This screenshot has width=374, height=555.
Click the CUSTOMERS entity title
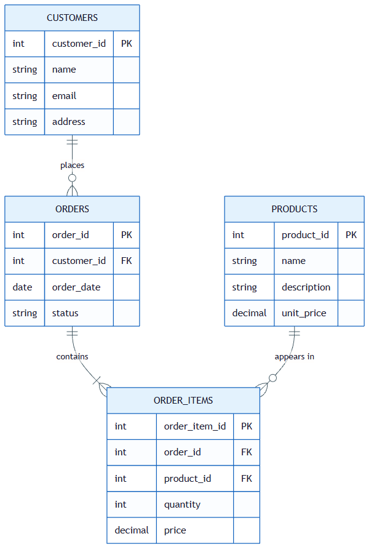coord(72,18)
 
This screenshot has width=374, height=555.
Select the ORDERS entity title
coord(72,209)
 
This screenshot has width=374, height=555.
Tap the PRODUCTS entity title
coord(294,209)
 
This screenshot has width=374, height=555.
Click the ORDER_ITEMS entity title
coord(183,401)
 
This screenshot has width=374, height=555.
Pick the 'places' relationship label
coord(72,166)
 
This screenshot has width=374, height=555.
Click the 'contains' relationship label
coord(72,357)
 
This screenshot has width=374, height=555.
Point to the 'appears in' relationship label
coord(294,357)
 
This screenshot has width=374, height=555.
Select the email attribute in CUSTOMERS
coord(65,96)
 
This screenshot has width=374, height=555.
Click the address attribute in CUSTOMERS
coord(69,122)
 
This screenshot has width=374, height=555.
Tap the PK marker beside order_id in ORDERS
coord(127,235)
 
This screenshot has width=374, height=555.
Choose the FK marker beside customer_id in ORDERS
coord(127,261)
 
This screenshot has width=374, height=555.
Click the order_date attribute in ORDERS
coord(76,287)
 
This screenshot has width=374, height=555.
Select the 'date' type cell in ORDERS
coord(22,287)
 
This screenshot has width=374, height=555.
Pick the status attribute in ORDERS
coord(65,313)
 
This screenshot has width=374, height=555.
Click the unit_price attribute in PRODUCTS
coord(304,313)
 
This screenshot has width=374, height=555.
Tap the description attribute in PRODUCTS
coord(306,287)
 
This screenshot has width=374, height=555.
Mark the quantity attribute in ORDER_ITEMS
coord(182,505)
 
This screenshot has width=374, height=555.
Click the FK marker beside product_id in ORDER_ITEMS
coord(247,479)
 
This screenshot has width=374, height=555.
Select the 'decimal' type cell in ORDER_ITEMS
coord(132,530)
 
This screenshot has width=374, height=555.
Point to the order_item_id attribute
coord(194,426)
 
